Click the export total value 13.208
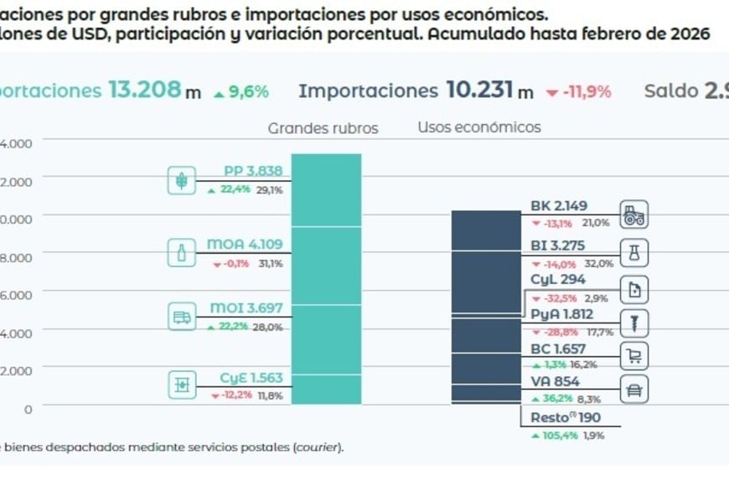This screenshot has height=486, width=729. pos(145,90)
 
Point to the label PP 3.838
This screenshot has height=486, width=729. pos(252,171)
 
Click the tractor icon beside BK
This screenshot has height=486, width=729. pos(634,215)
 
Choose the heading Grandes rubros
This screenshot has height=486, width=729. pos(323,128)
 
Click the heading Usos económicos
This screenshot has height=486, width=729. pos(479,127)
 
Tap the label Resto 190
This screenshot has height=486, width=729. pos(566,418)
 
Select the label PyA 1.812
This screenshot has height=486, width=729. pos(561,314)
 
